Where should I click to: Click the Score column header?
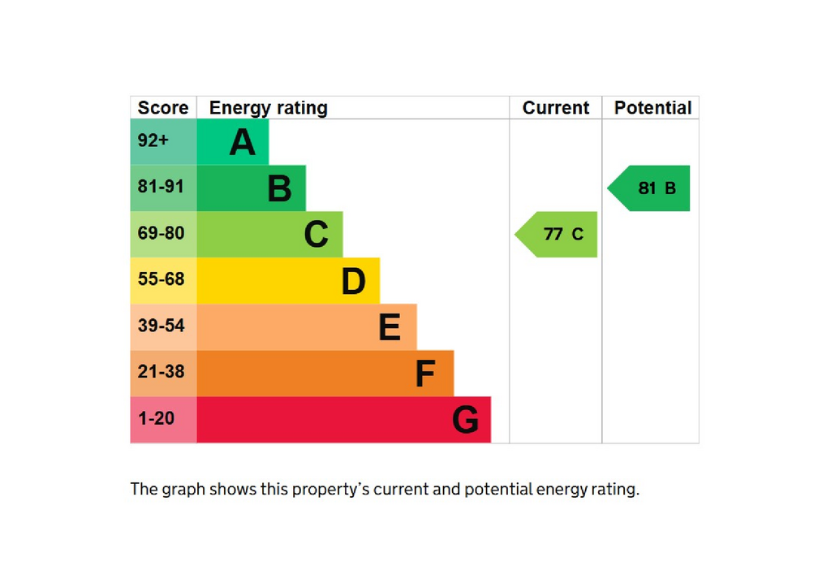pos(162,108)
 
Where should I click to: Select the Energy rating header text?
pos(268,108)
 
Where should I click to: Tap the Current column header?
pos(555,108)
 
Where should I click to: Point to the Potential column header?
pos(652,108)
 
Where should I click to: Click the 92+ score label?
pos(153,141)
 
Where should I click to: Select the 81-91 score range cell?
pos(163,188)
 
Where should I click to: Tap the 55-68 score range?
pos(161,279)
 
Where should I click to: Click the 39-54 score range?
pos(161,325)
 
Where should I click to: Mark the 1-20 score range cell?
pos(163,419)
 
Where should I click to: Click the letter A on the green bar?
pos(243,142)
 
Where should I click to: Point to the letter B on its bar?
pos(279,188)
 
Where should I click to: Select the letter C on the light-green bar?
pos(316,235)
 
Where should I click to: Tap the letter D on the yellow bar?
pos(354,281)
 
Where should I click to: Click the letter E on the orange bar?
pos(390,327)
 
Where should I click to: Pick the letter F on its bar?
pos(425,374)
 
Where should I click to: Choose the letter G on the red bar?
pos(465,419)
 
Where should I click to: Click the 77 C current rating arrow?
pos(556,235)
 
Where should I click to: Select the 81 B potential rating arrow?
pos(648,188)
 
